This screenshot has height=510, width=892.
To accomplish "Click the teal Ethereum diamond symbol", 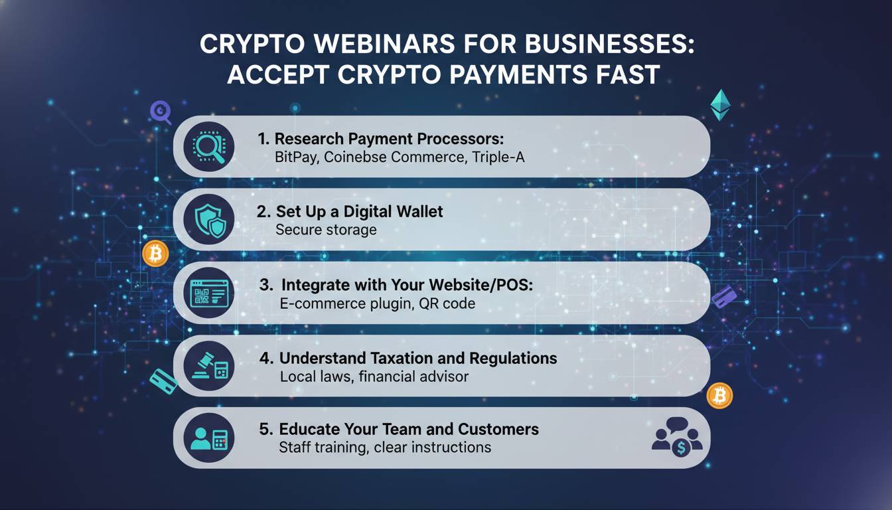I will click(720, 106).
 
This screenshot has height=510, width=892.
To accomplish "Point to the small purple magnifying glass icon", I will click(160, 112).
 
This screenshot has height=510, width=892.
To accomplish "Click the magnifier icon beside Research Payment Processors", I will click(208, 146).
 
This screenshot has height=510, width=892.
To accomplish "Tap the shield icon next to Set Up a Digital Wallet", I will click(208, 219).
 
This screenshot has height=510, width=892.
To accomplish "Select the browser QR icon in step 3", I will click(208, 292).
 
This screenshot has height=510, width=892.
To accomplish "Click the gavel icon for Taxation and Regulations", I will click(208, 365).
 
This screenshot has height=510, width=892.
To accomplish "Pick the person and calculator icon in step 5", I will click(208, 438).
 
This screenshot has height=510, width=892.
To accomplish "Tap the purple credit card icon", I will click(724, 296).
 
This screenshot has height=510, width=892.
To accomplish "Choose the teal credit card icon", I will click(163, 381).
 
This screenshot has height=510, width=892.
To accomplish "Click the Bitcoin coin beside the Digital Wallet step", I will click(156, 254).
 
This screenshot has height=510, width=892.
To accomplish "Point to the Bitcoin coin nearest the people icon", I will click(719, 396).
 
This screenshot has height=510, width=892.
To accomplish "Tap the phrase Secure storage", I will click(326, 230).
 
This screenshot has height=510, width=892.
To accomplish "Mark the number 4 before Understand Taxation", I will click(266, 359).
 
